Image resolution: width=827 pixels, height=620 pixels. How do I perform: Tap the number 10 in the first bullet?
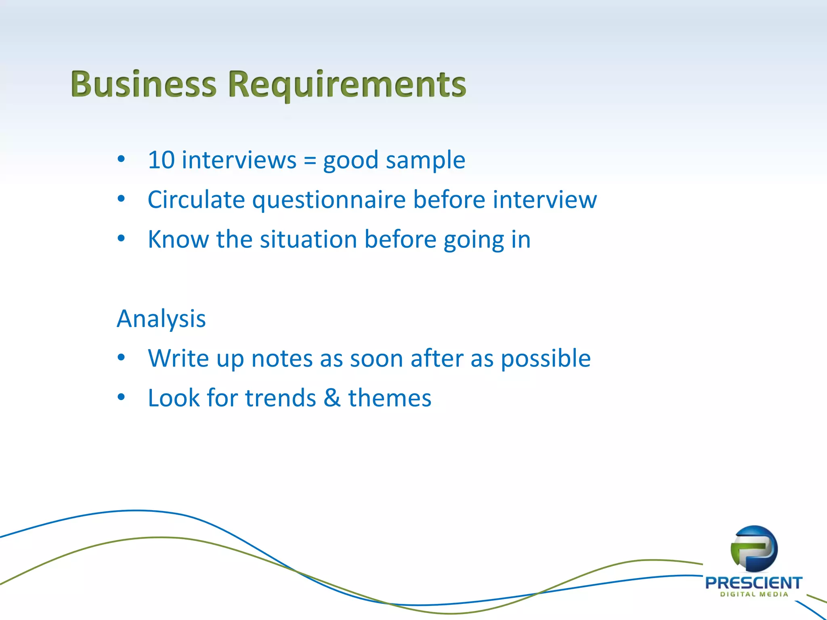161,160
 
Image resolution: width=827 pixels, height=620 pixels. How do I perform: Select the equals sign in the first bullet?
310,160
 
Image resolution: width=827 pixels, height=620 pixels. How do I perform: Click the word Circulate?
196,199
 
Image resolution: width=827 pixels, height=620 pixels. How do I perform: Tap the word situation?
308,239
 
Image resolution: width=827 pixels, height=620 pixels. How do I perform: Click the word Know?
178,239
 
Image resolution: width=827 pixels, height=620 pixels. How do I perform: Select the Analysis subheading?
161,319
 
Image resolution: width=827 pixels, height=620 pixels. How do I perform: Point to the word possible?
546,359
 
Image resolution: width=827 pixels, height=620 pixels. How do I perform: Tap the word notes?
282,358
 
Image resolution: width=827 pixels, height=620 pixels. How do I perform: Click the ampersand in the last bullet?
332,398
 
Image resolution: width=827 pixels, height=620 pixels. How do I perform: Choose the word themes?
390,398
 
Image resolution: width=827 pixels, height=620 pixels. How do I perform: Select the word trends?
280,398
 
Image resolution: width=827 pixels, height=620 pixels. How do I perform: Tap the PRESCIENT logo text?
754,583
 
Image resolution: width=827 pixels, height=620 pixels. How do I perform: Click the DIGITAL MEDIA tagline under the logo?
754,594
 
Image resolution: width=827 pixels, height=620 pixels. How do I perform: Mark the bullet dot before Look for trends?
121,397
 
